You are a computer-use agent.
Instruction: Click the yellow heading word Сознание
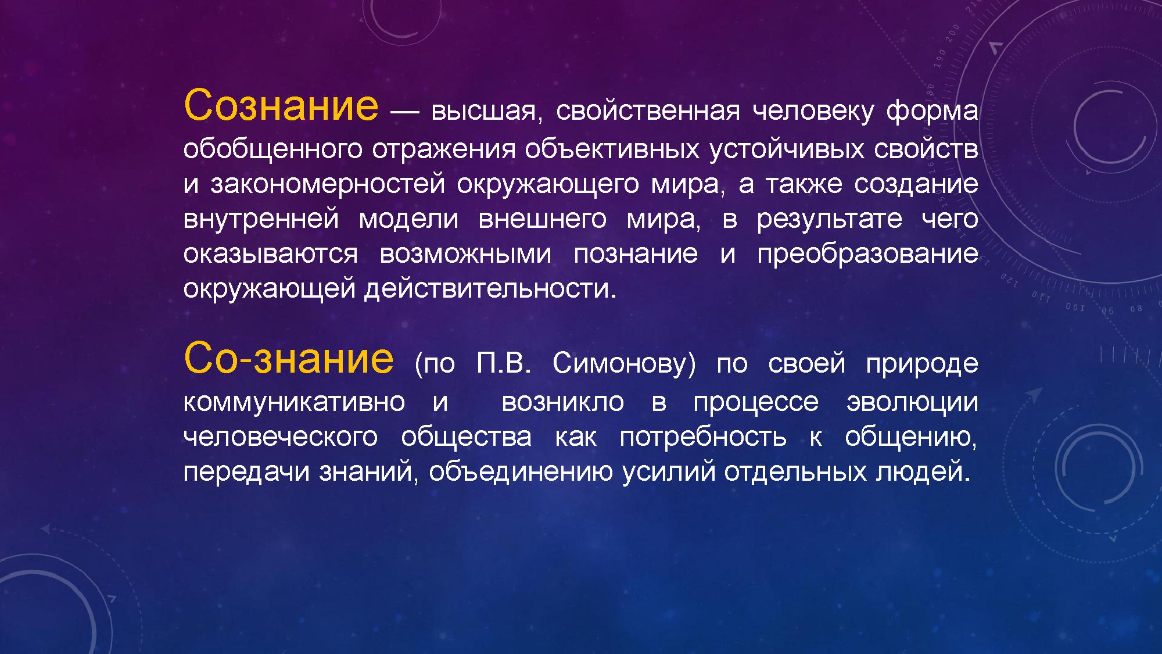click(281, 105)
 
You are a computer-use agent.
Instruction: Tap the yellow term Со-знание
click(288, 358)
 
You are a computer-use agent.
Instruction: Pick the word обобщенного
click(274, 149)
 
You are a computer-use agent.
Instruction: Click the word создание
click(916, 184)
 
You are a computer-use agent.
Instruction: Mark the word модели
click(408, 220)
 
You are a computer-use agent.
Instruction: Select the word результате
click(830, 220)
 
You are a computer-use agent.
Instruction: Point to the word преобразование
click(867, 253)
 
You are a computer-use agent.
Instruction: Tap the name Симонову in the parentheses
click(624, 364)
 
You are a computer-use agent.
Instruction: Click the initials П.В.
click(504, 363)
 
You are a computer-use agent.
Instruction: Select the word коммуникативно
click(295, 402)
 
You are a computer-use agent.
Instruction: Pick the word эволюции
click(912, 402)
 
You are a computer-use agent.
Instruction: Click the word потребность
click(703, 437)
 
